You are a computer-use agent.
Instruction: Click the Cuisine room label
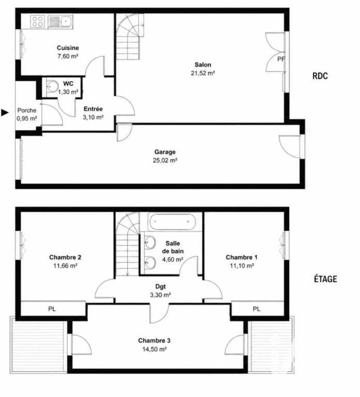[68, 48]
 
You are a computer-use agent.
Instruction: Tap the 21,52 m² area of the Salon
[203, 73]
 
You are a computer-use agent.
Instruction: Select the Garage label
[165, 152]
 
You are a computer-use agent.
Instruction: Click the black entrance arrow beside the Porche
[5, 112]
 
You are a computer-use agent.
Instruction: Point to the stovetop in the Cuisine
[37, 21]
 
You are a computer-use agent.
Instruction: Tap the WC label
[68, 83]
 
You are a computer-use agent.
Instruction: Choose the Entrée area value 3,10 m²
[93, 117]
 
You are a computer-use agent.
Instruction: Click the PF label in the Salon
[281, 59]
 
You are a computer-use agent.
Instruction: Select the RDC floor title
[320, 76]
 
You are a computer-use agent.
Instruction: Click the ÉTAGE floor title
[325, 279]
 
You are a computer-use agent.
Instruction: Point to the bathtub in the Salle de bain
[172, 222]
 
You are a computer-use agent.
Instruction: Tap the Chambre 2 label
[65, 257]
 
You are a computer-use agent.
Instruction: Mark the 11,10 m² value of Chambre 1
[242, 266]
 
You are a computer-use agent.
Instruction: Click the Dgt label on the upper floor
[161, 287]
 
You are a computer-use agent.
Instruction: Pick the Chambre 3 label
[154, 341]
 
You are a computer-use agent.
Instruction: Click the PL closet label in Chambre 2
[52, 309]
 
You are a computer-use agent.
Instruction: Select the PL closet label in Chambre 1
[256, 309]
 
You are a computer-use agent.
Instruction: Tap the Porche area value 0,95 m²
[27, 118]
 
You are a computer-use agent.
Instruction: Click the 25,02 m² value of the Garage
[165, 160]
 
